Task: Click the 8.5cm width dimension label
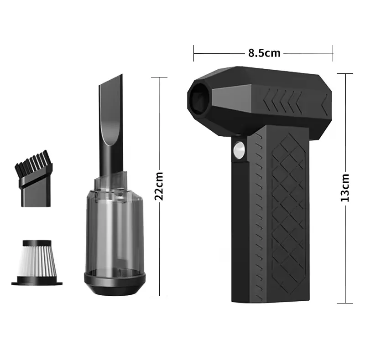264,53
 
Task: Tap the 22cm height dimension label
159,186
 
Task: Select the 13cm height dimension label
345,188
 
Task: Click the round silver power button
239,150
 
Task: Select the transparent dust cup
115,223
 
